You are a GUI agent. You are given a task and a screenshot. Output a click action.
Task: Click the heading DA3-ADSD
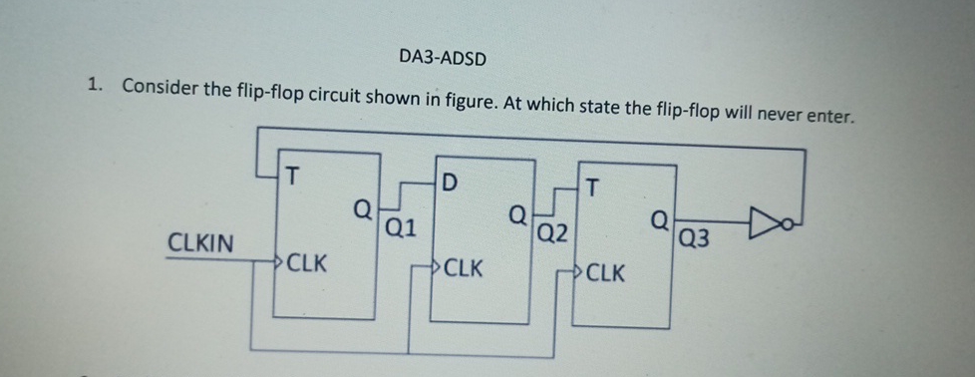coord(443,57)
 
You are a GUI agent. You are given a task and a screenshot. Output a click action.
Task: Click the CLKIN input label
coord(202,242)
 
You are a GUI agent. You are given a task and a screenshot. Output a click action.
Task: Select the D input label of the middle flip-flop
coord(449,183)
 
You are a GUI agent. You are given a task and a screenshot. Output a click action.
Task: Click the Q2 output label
coord(552,235)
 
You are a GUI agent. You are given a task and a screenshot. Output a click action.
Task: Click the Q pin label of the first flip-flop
coord(365,209)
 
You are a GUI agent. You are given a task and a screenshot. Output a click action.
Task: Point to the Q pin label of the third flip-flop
coord(661,219)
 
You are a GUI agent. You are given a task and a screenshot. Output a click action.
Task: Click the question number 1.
coord(93,86)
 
